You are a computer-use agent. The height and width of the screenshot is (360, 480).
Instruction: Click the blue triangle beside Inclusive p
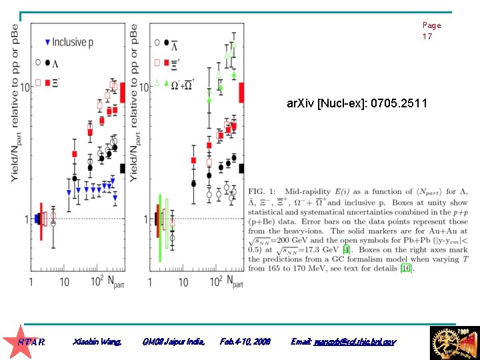pyautogui.click(x=47, y=43)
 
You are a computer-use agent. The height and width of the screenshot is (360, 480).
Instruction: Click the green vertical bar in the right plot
pyautogui.click(x=160, y=227)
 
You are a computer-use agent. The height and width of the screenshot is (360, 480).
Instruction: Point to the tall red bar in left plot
pyautogui.click(x=41, y=221)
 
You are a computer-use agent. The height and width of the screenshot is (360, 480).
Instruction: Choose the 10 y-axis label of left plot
pyautogui.click(x=25, y=87)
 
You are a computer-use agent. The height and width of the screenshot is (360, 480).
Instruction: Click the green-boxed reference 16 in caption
pyautogui.click(x=406, y=269)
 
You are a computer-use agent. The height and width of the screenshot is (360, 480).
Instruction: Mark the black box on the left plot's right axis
pyautogui.click(x=122, y=169)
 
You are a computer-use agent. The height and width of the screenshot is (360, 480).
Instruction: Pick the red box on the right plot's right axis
pyautogui.click(x=241, y=92)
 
